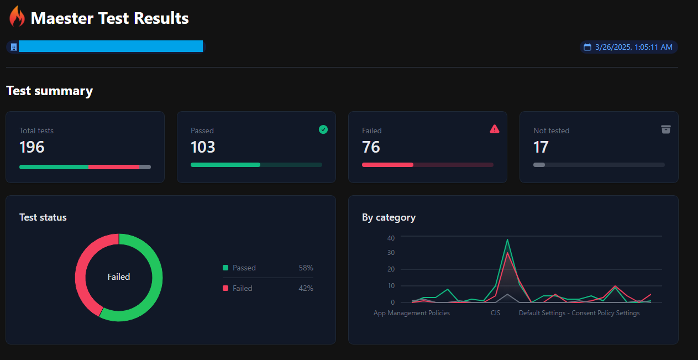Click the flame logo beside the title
click(x=17, y=17)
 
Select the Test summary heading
click(x=49, y=91)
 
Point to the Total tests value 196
click(x=32, y=147)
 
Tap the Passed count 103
click(x=203, y=147)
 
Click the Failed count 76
click(x=371, y=147)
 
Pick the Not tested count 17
click(x=540, y=147)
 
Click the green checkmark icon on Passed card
click(x=323, y=129)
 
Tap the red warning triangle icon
click(x=495, y=129)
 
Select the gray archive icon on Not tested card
click(x=666, y=129)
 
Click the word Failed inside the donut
click(x=119, y=276)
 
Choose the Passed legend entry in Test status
click(x=244, y=268)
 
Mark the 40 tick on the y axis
click(x=391, y=238)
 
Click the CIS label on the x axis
click(x=495, y=313)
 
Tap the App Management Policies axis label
click(x=412, y=313)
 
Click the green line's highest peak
click(x=507, y=239)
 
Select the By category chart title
click(x=389, y=217)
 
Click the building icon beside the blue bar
click(x=14, y=47)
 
